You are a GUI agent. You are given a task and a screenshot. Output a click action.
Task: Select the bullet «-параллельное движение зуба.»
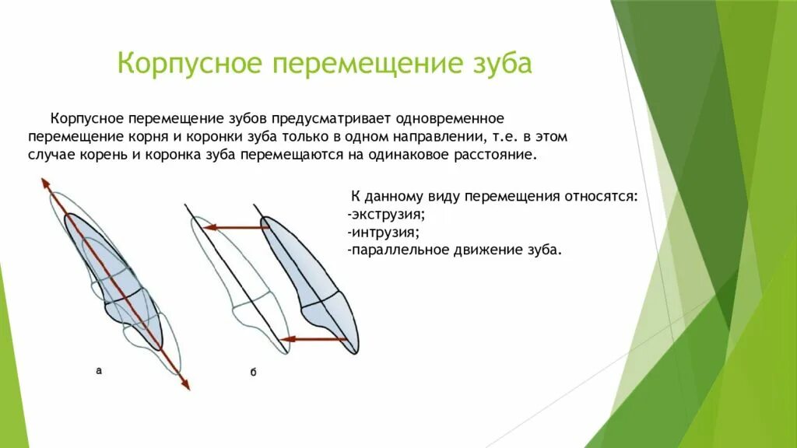[x=454, y=251]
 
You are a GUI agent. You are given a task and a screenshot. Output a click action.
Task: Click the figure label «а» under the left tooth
[x=99, y=372]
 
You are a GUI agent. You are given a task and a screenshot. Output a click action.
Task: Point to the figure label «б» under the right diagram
[x=254, y=373]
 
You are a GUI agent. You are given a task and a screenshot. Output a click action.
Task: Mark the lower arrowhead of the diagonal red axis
[x=184, y=383]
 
